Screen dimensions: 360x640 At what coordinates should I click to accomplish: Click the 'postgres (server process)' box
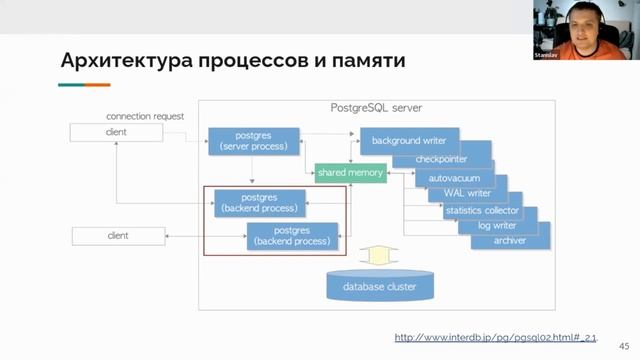(253, 140)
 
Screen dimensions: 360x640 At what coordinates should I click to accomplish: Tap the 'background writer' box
(409, 140)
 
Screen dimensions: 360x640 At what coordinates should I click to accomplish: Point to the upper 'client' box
(116, 132)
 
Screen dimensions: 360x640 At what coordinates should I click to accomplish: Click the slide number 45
(625, 343)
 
